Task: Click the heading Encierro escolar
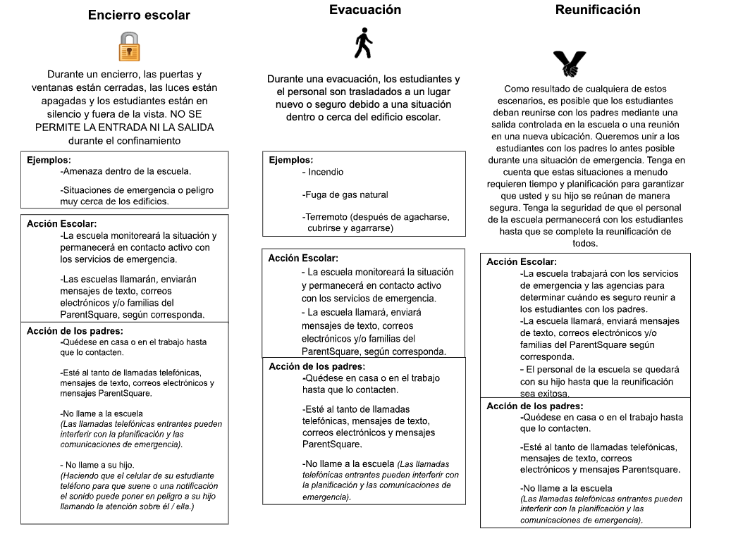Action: click(139, 15)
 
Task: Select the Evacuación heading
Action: click(365, 10)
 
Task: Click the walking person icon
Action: click(363, 44)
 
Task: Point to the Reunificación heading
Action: click(598, 10)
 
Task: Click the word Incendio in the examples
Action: click(324, 171)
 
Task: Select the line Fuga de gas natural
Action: click(345, 194)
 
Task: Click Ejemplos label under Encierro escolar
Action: click(50, 160)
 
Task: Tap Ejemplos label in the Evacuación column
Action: click(291, 160)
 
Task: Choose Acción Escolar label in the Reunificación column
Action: click(522, 261)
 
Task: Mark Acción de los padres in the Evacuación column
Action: click(317, 366)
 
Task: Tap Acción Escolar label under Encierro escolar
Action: click(62, 223)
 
